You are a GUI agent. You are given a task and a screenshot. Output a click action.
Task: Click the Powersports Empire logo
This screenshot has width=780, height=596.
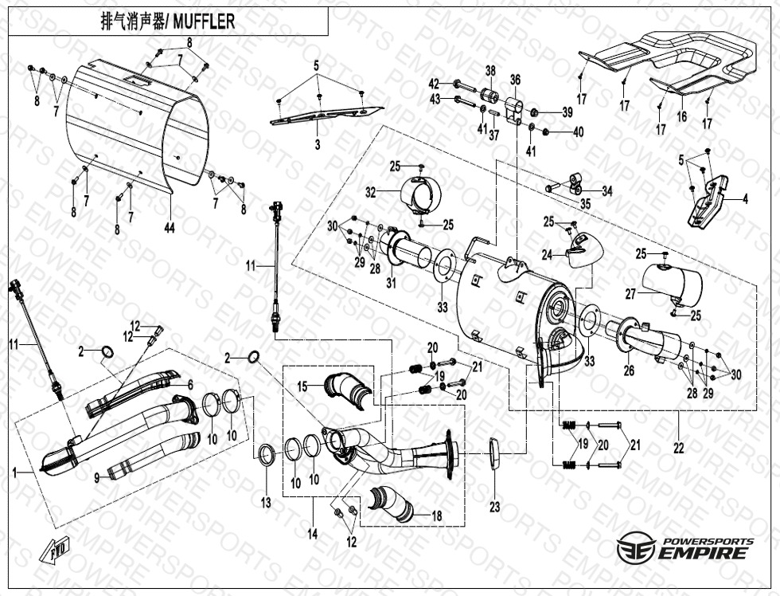684,548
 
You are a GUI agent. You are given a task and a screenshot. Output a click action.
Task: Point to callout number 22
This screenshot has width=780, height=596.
678,449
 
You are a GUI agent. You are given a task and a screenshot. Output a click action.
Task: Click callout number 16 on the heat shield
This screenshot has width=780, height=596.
681,116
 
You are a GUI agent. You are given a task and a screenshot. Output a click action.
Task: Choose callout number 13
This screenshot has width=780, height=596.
265,503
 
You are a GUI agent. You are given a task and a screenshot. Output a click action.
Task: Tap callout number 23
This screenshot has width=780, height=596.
494,506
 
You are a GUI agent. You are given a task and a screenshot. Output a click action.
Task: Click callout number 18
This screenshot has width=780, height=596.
436,516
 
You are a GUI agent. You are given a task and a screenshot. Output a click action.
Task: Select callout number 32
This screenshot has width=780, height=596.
371,192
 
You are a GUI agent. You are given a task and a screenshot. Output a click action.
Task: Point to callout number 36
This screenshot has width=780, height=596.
515,80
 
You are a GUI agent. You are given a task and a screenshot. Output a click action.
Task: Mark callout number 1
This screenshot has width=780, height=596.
14,472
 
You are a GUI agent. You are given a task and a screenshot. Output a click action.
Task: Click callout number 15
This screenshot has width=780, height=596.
302,386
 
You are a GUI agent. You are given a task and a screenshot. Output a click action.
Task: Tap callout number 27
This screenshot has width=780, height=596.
630,293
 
